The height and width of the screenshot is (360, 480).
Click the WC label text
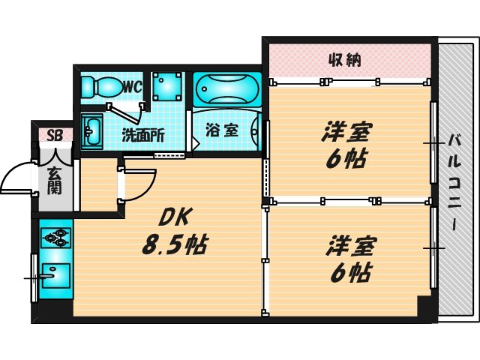pyautogui.click(x=133, y=86)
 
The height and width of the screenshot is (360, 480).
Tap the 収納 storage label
pyautogui.click(x=345, y=60)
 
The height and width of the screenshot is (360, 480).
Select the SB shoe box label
pyautogui.click(x=55, y=136)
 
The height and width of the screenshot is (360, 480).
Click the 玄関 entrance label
pyautogui.click(x=55, y=182)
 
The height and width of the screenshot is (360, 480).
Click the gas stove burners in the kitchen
pyautogui.click(x=55, y=239)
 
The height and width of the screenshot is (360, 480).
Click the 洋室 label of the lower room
pyautogui.click(x=351, y=245)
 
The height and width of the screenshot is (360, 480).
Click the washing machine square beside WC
pyautogui.click(x=166, y=87)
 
